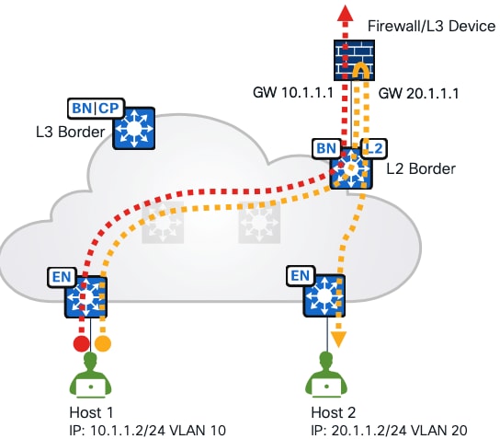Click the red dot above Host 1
(81, 342)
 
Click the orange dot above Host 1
(103, 342)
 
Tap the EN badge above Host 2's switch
(300, 274)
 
